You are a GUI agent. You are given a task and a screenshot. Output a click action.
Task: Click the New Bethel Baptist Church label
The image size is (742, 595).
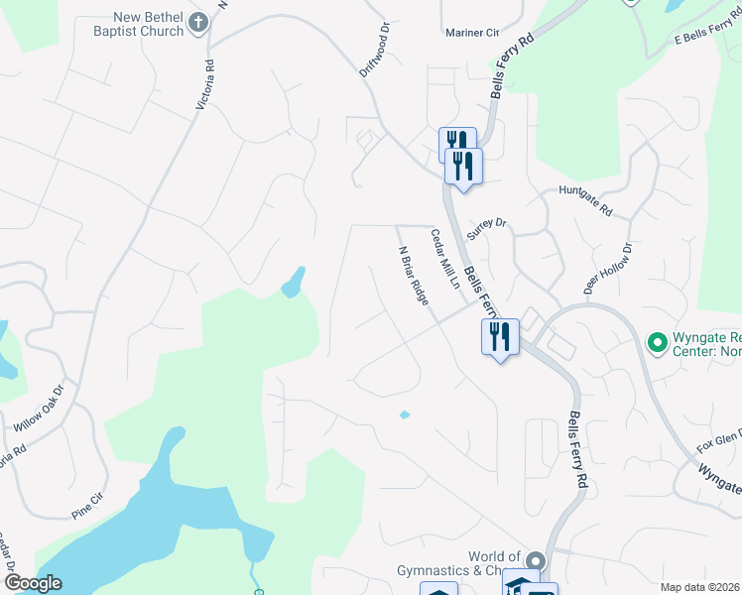click(x=136, y=24)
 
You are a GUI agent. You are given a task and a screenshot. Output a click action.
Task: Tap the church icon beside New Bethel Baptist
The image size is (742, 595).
click(x=198, y=23)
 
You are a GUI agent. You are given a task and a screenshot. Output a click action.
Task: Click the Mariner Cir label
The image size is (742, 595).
click(x=471, y=33)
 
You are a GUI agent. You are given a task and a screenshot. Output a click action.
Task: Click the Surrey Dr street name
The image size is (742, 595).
click(x=486, y=231)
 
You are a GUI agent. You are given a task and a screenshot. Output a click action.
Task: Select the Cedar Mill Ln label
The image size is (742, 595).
click(x=444, y=260)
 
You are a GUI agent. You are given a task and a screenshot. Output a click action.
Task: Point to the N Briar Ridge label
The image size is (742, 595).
click(x=413, y=276)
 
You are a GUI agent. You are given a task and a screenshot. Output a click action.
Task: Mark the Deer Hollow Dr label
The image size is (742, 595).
click(x=608, y=269)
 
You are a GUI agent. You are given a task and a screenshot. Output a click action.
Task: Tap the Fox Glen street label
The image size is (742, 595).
click(x=719, y=438)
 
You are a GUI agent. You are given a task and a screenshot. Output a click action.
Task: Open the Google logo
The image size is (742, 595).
click(x=34, y=584)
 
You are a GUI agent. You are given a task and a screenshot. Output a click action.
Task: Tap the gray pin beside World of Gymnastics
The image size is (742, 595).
click(x=535, y=561)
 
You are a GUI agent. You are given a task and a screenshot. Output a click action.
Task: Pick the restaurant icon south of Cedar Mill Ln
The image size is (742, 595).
click(x=500, y=337)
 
